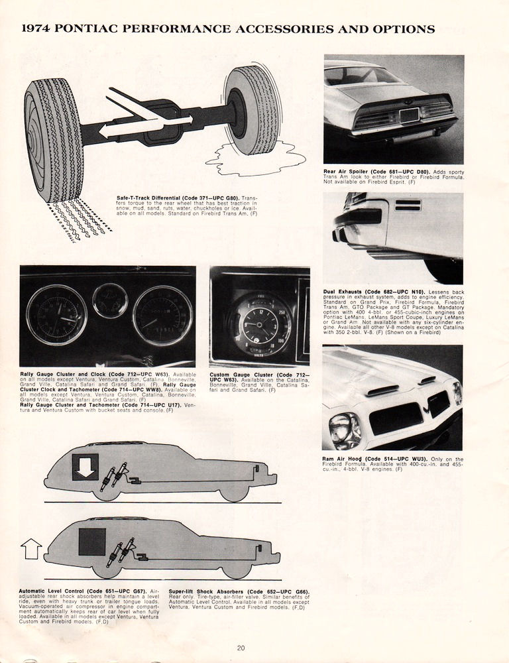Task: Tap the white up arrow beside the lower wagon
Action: click(x=31, y=548)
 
